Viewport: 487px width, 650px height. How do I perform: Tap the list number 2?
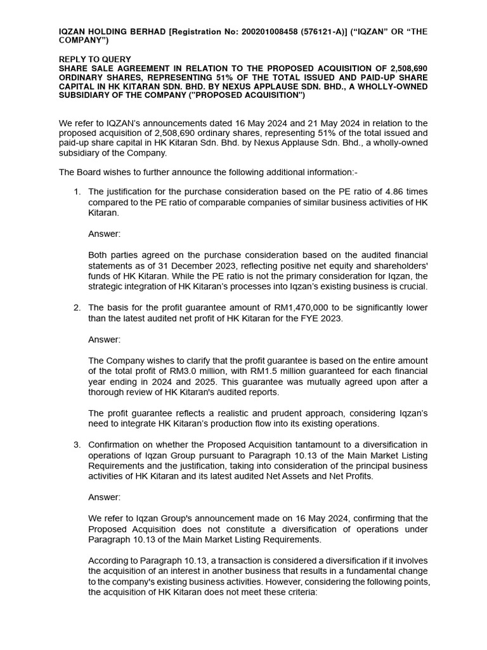pyautogui.click(x=76, y=308)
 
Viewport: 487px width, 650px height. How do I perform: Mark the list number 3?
pyautogui.click(x=76, y=444)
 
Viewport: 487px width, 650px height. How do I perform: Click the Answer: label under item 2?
pyautogui.click(x=104, y=339)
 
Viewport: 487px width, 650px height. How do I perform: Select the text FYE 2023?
pyautogui.click(x=323, y=318)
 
